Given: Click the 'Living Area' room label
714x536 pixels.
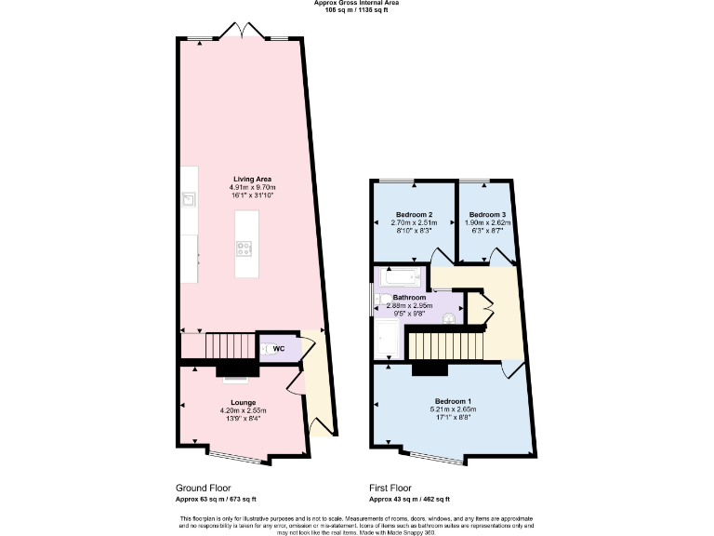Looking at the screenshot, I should tap(252, 179).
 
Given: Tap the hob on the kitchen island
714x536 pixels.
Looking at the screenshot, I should tap(246, 248).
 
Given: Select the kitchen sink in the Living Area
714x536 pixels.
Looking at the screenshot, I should tap(189, 198).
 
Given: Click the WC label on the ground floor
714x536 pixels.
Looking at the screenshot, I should tap(278, 349).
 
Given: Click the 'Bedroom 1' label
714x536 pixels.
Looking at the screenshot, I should tap(454, 401).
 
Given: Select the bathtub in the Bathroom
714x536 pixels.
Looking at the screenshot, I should tap(400, 277).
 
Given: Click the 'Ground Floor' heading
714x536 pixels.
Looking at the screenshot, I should tap(203, 488).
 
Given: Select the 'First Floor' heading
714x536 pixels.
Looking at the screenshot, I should tap(390, 488).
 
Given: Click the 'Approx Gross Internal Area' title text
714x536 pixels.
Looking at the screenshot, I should tap(357, 3).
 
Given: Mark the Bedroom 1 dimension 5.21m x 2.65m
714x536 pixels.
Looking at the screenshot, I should tap(454, 409).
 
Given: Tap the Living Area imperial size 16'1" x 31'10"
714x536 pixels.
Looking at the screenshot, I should tap(252, 195).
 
